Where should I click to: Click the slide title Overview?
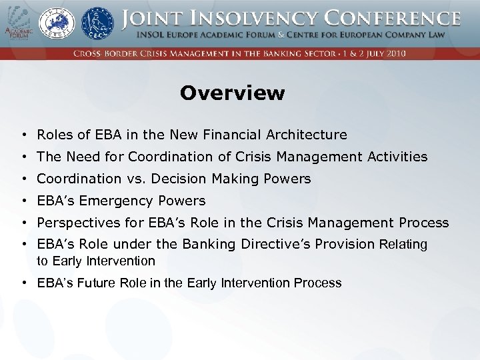tap(232, 93)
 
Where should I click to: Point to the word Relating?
tap(403, 244)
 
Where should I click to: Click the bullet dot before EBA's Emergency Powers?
tap(23, 201)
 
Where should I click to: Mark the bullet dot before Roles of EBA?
tap(23, 135)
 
